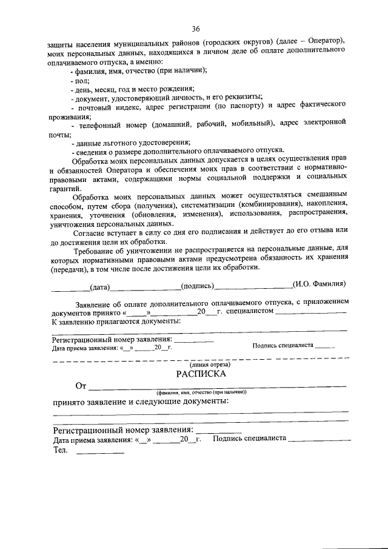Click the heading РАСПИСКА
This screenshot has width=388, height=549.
point(201,374)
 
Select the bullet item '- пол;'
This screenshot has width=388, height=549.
point(80,79)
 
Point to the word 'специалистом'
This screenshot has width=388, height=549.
point(249,312)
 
